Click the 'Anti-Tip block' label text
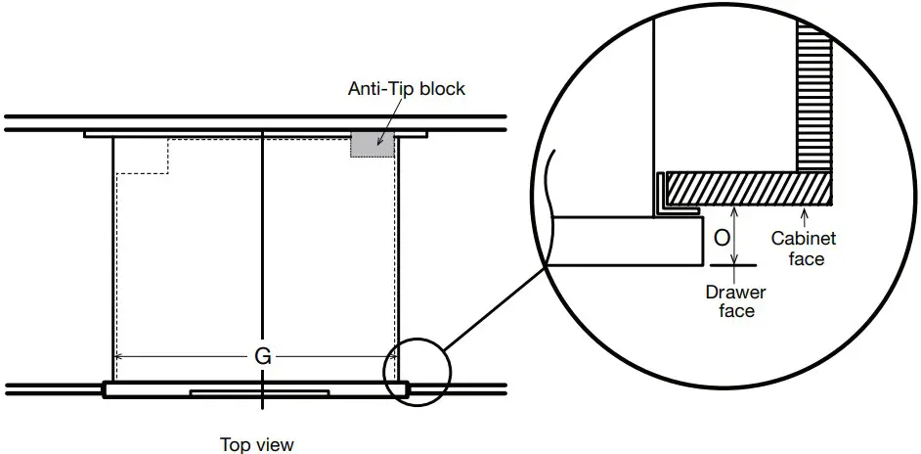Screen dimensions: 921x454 407,88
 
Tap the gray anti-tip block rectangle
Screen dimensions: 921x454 373,145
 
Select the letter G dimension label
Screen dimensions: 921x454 263,356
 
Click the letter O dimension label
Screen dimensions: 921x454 722,238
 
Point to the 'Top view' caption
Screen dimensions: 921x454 257,444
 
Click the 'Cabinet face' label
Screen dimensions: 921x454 804,249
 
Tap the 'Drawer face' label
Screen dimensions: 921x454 736,301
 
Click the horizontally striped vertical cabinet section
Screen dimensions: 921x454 814,95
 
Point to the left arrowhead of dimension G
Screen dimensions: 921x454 117,356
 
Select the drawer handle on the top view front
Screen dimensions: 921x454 259,392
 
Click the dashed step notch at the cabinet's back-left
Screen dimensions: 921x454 143,156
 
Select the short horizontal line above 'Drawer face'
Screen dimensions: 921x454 733,265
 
